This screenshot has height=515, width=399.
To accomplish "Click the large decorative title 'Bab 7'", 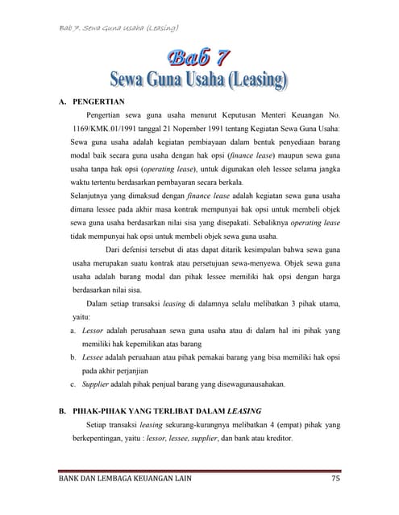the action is (198, 58).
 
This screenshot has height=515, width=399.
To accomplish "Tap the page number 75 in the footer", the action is (337, 480).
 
